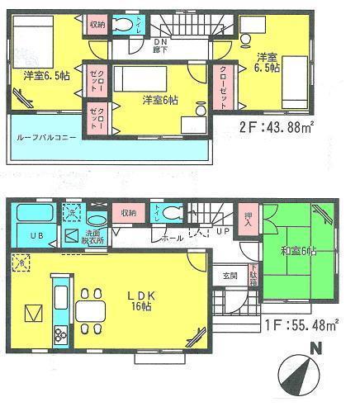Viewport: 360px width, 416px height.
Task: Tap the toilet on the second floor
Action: pos(126,26)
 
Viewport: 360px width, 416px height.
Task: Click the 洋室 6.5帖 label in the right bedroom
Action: pos(266,63)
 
